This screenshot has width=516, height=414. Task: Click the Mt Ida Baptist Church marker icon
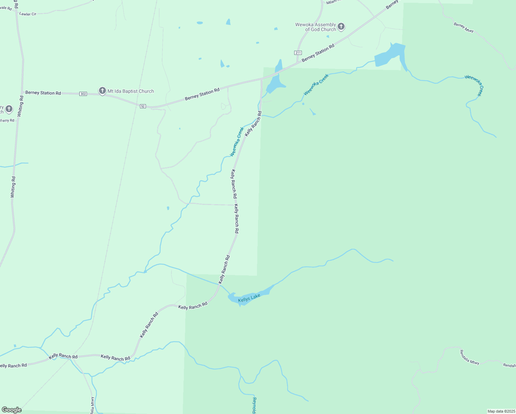tap(102, 91)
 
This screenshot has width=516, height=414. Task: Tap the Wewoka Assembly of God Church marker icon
tap(341, 26)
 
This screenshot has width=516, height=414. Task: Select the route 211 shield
tap(298, 53)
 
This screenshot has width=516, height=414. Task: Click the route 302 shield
tap(83, 94)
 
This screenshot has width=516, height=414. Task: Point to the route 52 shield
tap(143, 106)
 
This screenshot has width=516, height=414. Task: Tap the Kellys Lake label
tap(249, 298)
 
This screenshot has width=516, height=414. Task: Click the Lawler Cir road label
tap(28, 14)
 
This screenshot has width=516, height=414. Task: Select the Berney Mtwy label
tap(464, 28)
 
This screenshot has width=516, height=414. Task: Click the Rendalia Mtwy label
tap(469, 357)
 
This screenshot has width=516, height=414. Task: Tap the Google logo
tap(12, 410)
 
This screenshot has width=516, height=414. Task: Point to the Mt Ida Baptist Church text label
tap(131, 91)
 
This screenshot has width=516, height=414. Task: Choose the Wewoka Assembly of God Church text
tap(316, 27)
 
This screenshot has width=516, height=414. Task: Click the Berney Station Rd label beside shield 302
tap(43, 93)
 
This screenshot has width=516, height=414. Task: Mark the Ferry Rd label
tap(7, 121)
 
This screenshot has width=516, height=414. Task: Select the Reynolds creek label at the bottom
tap(254, 406)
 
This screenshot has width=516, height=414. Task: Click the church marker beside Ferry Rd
tap(9, 109)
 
